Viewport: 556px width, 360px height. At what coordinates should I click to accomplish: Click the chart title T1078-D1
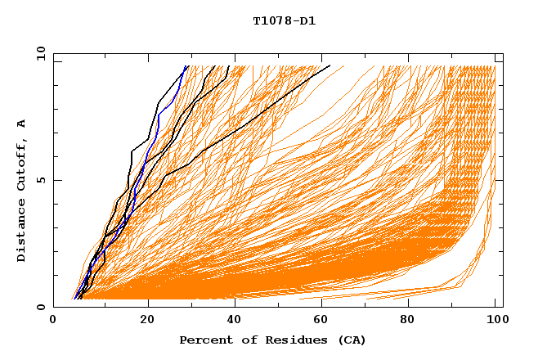(284, 21)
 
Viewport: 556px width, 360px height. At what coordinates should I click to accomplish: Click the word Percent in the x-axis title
(204, 340)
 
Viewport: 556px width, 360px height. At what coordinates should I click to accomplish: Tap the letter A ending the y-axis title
(21, 124)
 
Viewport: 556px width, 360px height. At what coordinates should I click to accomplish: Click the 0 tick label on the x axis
(54, 321)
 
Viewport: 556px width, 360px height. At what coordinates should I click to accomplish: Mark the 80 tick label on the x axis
(407, 321)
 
